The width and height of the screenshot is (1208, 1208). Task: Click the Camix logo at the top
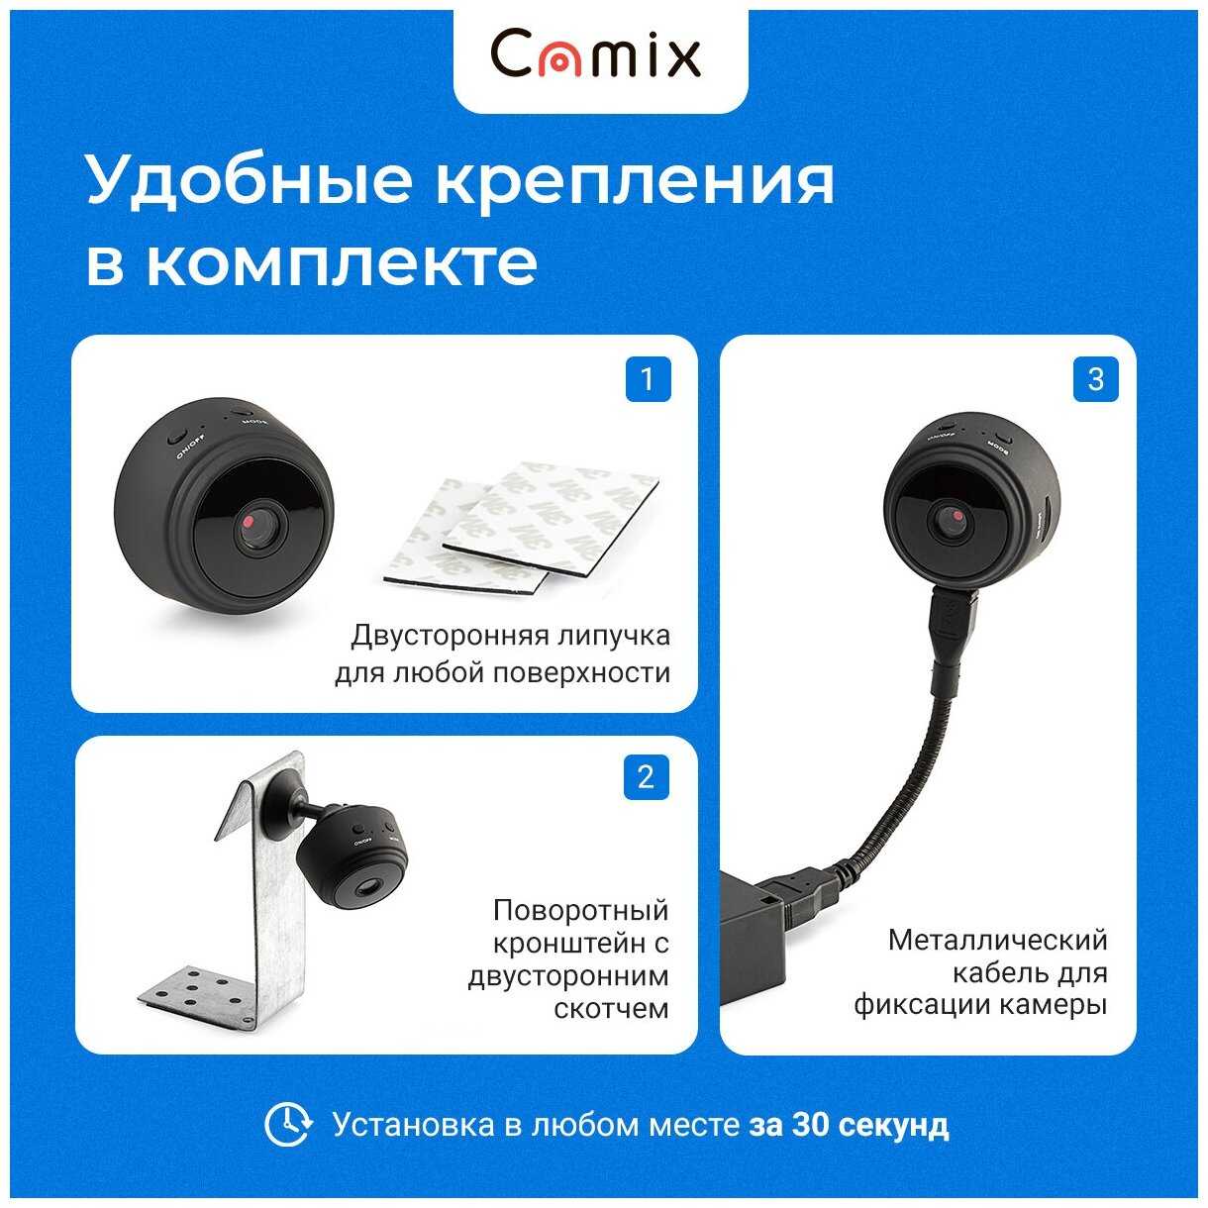pyautogui.click(x=595, y=55)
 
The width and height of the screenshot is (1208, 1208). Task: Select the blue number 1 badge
pyautogui.click(x=649, y=379)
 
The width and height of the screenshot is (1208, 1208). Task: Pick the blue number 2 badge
pyautogui.click(x=647, y=778)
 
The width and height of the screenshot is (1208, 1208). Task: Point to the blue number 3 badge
pyautogui.click(x=1096, y=379)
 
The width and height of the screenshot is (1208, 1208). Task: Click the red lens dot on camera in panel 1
pyautogui.click(x=249, y=521)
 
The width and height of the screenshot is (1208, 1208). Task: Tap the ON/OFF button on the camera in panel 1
pyautogui.click(x=175, y=436)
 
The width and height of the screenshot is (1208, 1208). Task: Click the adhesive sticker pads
pyautogui.click(x=520, y=529)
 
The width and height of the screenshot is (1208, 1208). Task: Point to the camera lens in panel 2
pyautogui.click(x=364, y=888)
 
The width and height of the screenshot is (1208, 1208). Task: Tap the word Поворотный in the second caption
pyautogui.click(x=580, y=910)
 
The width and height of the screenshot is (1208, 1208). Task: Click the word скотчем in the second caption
pyautogui.click(x=611, y=1009)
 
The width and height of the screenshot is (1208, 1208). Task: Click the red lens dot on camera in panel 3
pyautogui.click(x=957, y=515)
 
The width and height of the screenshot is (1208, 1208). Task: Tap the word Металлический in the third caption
pyautogui.click(x=998, y=941)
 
